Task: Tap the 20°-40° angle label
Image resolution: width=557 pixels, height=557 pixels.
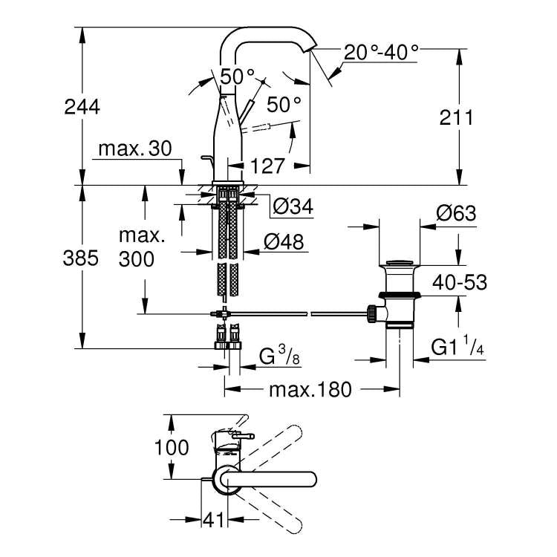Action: point(381,52)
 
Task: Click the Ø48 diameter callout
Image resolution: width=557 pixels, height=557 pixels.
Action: point(283,241)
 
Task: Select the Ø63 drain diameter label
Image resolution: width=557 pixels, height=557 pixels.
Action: point(455,214)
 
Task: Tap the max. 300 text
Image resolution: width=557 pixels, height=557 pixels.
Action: point(141,248)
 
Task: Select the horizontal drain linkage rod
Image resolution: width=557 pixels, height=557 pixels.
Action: point(297,314)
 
